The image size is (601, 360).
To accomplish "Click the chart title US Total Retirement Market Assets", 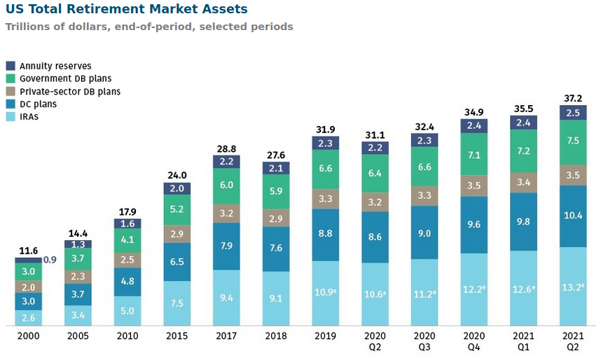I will pyautogui.click(x=126, y=9).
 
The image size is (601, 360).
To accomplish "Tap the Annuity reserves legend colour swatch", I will pyautogui.click(x=11, y=66).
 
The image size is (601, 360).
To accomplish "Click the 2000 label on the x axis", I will pyautogui.click(x=29, y=336).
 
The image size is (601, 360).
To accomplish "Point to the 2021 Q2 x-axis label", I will pyautogui.click(x=573, y=341).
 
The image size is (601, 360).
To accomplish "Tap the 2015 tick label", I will pyautogui.click(x=177, y=336).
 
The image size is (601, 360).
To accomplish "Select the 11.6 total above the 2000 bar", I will pyautogui.click(x=29, y=250).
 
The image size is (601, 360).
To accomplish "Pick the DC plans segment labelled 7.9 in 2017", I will pyautogui.click(x=226, y=245).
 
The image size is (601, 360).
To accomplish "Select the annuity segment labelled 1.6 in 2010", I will pyautogui.click(x=127, y=223).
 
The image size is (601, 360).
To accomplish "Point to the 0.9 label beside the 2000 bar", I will pyautogui.click(x=50, y=259).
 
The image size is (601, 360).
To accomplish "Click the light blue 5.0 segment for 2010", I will pyautogui.click(x=127, y=310).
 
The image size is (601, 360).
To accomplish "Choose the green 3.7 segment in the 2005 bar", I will pyautogui.click(x=78, y=259).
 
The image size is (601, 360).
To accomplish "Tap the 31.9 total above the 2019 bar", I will pyautogui.click(x=325, y=129).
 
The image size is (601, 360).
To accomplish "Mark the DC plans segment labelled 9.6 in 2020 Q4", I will pyautogui.click(x=474, y=225).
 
